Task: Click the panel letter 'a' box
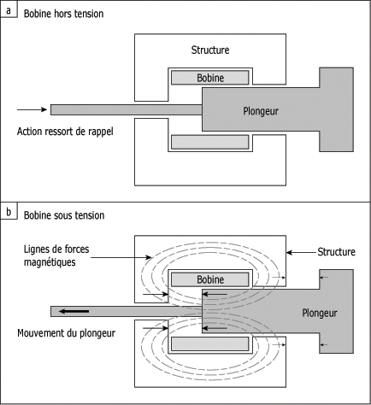(x=9, y=9)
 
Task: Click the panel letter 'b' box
(x=9, y=211)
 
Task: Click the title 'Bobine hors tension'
(x=63, y=14)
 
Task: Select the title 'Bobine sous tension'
(x=64, y=215)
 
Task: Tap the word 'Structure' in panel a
(x=210, y=50)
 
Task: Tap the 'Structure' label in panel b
(x=337, y=252)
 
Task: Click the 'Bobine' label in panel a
(x=210, y=78)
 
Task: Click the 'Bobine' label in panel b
(x=210, y=279)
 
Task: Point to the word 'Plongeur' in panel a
(x=261, y=111)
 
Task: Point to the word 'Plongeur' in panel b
(x=320, y=313)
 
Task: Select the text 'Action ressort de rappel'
(x=65, y=132)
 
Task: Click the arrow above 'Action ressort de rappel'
(x=32, y=109)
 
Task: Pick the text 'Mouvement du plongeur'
(x=66, y=333)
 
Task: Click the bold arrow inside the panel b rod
(x=74, y=311)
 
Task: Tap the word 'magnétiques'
(x=50, y=262)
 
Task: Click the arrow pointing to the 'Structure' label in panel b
(x=302, y=252)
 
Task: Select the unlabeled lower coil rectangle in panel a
(x=210, y=142)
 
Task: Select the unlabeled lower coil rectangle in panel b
(x=210, y=343)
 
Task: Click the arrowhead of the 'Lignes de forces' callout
(x=150, y=257)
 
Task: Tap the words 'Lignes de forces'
(x=56, y=249)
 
